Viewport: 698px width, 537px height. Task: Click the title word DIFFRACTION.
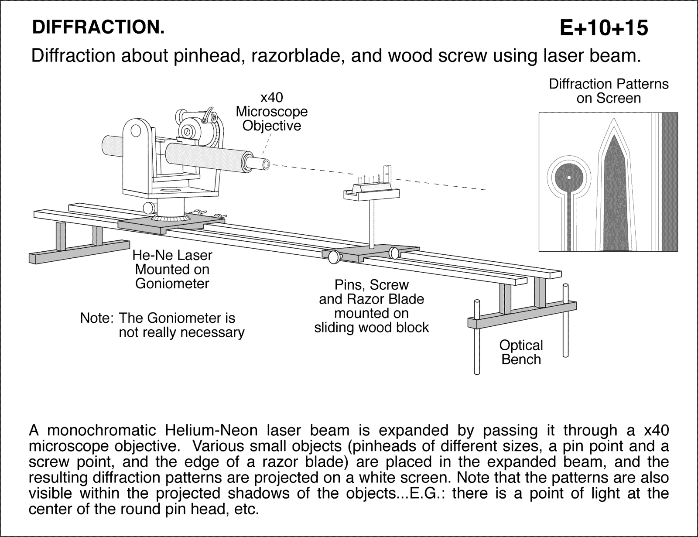98,28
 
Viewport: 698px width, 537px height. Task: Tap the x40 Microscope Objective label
272,112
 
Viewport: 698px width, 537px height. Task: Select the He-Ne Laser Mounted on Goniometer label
173,269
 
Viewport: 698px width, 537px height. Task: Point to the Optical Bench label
521,352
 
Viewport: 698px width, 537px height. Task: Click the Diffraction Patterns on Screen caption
609,91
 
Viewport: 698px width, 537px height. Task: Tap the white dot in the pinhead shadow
569,177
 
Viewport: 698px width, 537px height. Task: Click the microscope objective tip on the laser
264,164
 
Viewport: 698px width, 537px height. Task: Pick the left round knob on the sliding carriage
335,257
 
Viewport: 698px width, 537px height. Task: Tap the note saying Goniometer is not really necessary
162,325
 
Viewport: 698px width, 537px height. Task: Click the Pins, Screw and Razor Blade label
371,306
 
